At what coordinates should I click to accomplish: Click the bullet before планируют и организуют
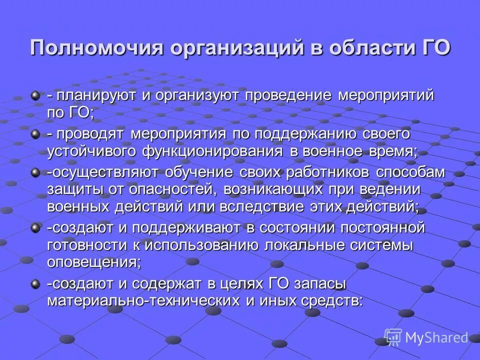click(35, 94)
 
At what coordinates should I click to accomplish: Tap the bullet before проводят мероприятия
click(35, 133)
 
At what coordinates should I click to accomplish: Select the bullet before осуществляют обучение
click(35, 172)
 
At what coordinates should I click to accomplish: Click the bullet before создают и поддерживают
click(35, 228)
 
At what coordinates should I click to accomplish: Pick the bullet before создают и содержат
click(35, 283)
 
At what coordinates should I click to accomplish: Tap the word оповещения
click(93, 262)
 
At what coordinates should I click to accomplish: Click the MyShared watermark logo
click(426, 338)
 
